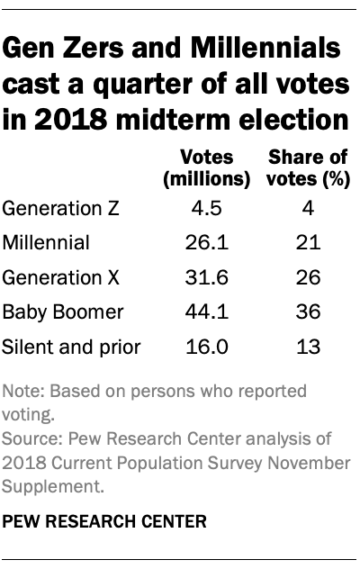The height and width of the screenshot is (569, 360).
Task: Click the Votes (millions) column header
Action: pos(205,168)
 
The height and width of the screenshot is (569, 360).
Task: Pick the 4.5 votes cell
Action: pos(206,209)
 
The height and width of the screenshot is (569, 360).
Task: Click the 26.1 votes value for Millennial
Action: pos(206,242)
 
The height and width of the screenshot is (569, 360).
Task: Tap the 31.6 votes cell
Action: pos(206,275)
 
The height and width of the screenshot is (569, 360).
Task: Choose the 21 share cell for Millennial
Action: pos(309,242)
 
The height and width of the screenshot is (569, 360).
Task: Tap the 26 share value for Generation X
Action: pos(309,275)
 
